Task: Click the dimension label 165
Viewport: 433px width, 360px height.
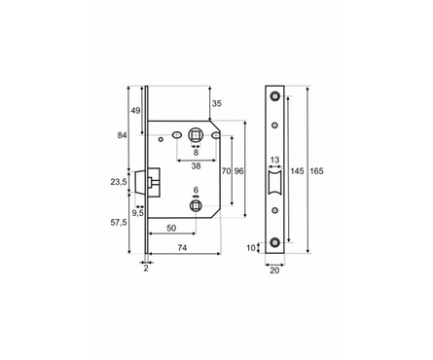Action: (x=316, y=171)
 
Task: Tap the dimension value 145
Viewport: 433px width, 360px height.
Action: (x=297, y=171)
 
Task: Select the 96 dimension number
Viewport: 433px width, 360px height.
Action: (x=238, y=171)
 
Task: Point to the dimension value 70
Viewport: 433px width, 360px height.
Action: (x=226, y=171)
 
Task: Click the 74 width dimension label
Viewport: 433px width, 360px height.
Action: (x=183, y=248)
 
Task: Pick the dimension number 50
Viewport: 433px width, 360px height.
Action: (x=171, y=228)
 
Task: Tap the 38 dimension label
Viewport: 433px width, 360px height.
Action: (x=196, y=166)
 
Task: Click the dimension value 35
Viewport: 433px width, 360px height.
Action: (x=217, y=103)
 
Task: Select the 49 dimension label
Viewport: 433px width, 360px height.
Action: (x=135, y=111)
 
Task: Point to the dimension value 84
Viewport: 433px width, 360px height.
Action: (x=122, y=135)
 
